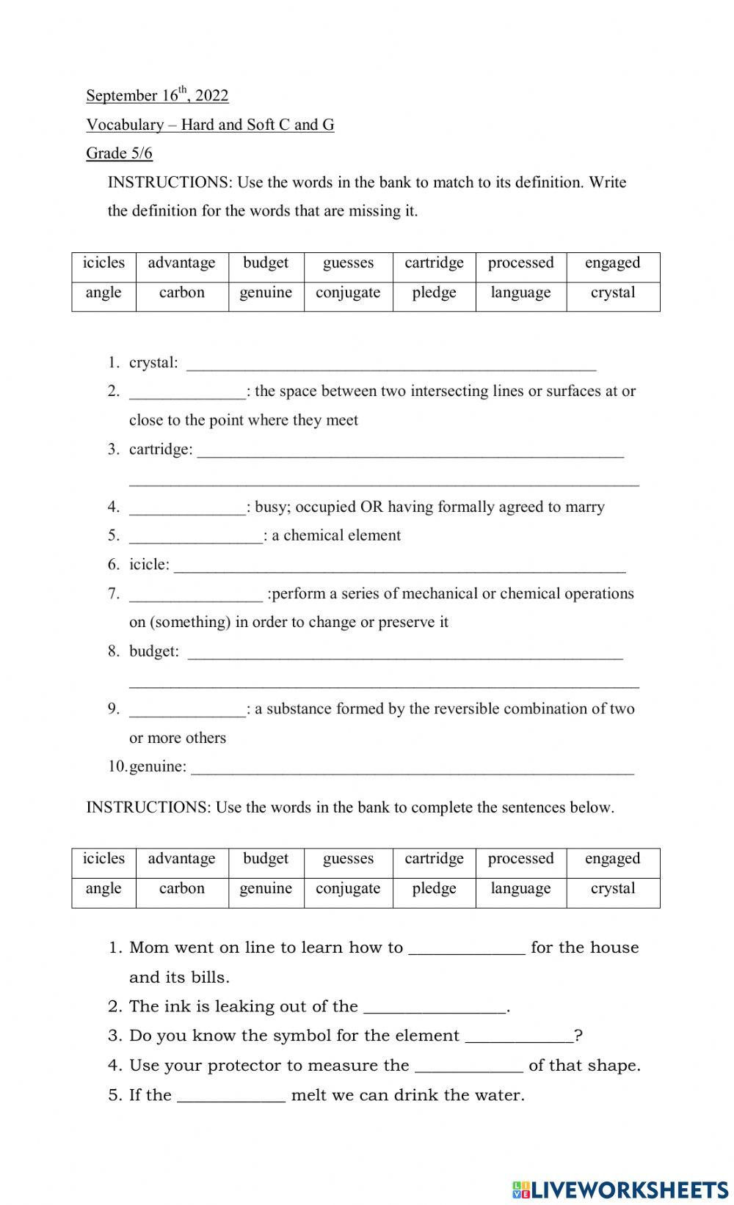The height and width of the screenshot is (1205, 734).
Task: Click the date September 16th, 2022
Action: point(157,95)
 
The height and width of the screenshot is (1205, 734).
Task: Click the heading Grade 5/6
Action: point(119,153)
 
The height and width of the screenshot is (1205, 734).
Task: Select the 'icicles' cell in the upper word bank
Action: point(103,263)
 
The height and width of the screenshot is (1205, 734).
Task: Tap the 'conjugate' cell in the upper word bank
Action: point(348,293)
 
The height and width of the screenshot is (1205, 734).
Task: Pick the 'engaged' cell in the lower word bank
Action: point(612,859)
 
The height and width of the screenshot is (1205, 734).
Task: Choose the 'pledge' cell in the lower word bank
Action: point(434,889)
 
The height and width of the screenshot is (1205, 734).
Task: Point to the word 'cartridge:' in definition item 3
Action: point(161,450)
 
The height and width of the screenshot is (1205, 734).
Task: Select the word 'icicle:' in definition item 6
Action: point(149,565)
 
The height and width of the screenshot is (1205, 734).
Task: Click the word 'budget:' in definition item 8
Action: point(153,651)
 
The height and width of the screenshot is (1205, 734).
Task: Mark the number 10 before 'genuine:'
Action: point(117,766)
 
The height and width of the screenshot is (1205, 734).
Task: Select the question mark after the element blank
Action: point(578,1036)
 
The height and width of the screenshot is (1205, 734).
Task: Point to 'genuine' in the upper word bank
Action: point(266,293)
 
